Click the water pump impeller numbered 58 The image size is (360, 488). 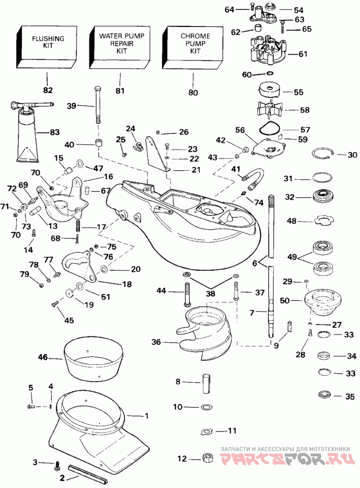[x=270, y=109]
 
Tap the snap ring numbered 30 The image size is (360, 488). [x=324, y=154]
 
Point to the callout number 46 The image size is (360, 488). [x=43, y=357]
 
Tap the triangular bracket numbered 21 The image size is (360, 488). [x=157, y=153]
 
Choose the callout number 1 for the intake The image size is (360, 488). [x=147, y=416]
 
